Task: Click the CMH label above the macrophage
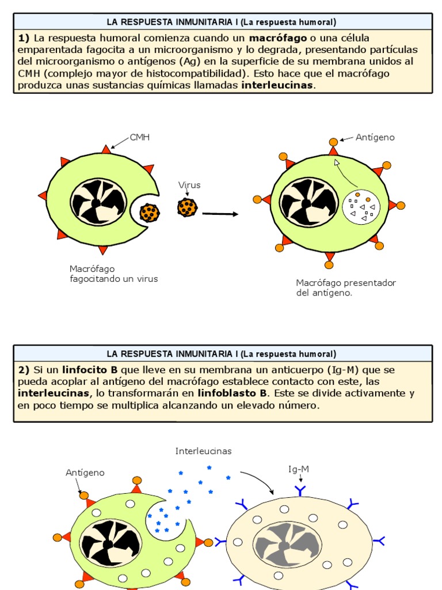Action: (x=139, y=137)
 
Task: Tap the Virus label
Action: (x=189, y=185)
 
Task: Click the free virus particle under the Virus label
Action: (x=187, y=207)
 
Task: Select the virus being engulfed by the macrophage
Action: (x=150, y=213)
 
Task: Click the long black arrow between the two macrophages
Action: (x=220, y=214)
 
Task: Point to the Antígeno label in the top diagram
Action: (x=375, y=137)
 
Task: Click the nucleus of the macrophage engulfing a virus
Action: (x=98, y=202)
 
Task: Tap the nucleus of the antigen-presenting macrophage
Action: (x=308, y=202)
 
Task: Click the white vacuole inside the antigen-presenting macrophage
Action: (x=361, y=207)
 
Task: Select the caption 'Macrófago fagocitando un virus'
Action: (x=113, y=274)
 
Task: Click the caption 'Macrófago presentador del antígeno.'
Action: (x=345, y=288)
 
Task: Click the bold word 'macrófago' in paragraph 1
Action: (x=278, y=38)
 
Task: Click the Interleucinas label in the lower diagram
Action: (x=203, y=451)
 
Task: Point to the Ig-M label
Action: (x=299, y=469)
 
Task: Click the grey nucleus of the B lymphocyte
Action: (x=287, y=544)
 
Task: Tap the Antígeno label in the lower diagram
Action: (x=85, y=472)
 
